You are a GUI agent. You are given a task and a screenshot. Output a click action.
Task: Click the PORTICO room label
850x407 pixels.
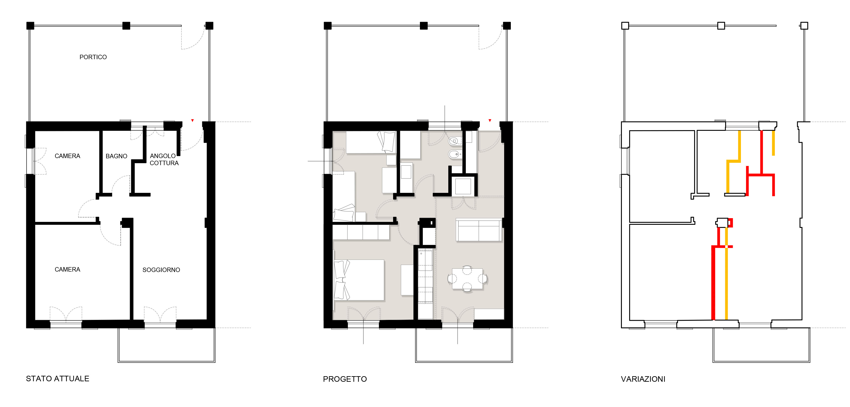pyautogui.click(x=93, y=57)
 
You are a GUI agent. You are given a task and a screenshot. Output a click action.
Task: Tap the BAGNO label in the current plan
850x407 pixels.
pyautogui.click(x=116, y=156)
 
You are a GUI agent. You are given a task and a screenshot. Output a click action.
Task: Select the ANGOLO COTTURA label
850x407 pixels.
pyautogui.click(x=164, y=159)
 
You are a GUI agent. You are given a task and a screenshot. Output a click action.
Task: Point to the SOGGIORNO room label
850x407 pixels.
pyautogui.click(x=161, y=270)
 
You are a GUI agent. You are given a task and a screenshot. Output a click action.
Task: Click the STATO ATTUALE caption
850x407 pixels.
pyautogui.click(x=57, y=379)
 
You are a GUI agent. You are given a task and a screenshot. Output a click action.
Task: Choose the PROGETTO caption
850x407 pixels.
pyautogui.click(x=345, y=379)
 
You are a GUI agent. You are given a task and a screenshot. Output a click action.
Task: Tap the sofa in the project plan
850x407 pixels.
pyautogui.click(x=479, y=230)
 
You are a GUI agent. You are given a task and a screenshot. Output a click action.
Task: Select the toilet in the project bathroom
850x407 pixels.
pyautogui.click(x=455, y=141)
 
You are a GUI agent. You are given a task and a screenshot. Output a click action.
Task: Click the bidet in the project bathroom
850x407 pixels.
pyautogui.click(x=455, y=154)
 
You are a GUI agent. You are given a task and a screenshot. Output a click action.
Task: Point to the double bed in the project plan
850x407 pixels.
pyautogui.click(x=359, y=280)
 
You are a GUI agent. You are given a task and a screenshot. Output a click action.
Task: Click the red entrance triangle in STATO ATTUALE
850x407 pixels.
pyautogui.click(x=192, y=120)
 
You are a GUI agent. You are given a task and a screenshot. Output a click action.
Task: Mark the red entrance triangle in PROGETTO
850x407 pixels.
pyautogui.click(x=490, y=120)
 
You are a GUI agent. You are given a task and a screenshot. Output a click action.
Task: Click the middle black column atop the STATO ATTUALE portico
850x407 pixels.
pyautogui.click(x=126, y=26)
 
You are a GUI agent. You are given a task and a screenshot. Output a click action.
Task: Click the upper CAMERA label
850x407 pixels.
pyautogui.click(x=67, y=156)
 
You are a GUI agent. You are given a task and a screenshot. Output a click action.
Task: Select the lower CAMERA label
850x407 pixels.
pyautogui.click(x=67, y=270)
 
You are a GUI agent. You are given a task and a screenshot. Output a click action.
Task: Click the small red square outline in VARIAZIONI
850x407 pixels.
pyautogui.click(x=730, y=223)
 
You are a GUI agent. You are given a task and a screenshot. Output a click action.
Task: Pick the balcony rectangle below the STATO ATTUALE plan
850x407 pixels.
pyautogui.click(x=167, y=362)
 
